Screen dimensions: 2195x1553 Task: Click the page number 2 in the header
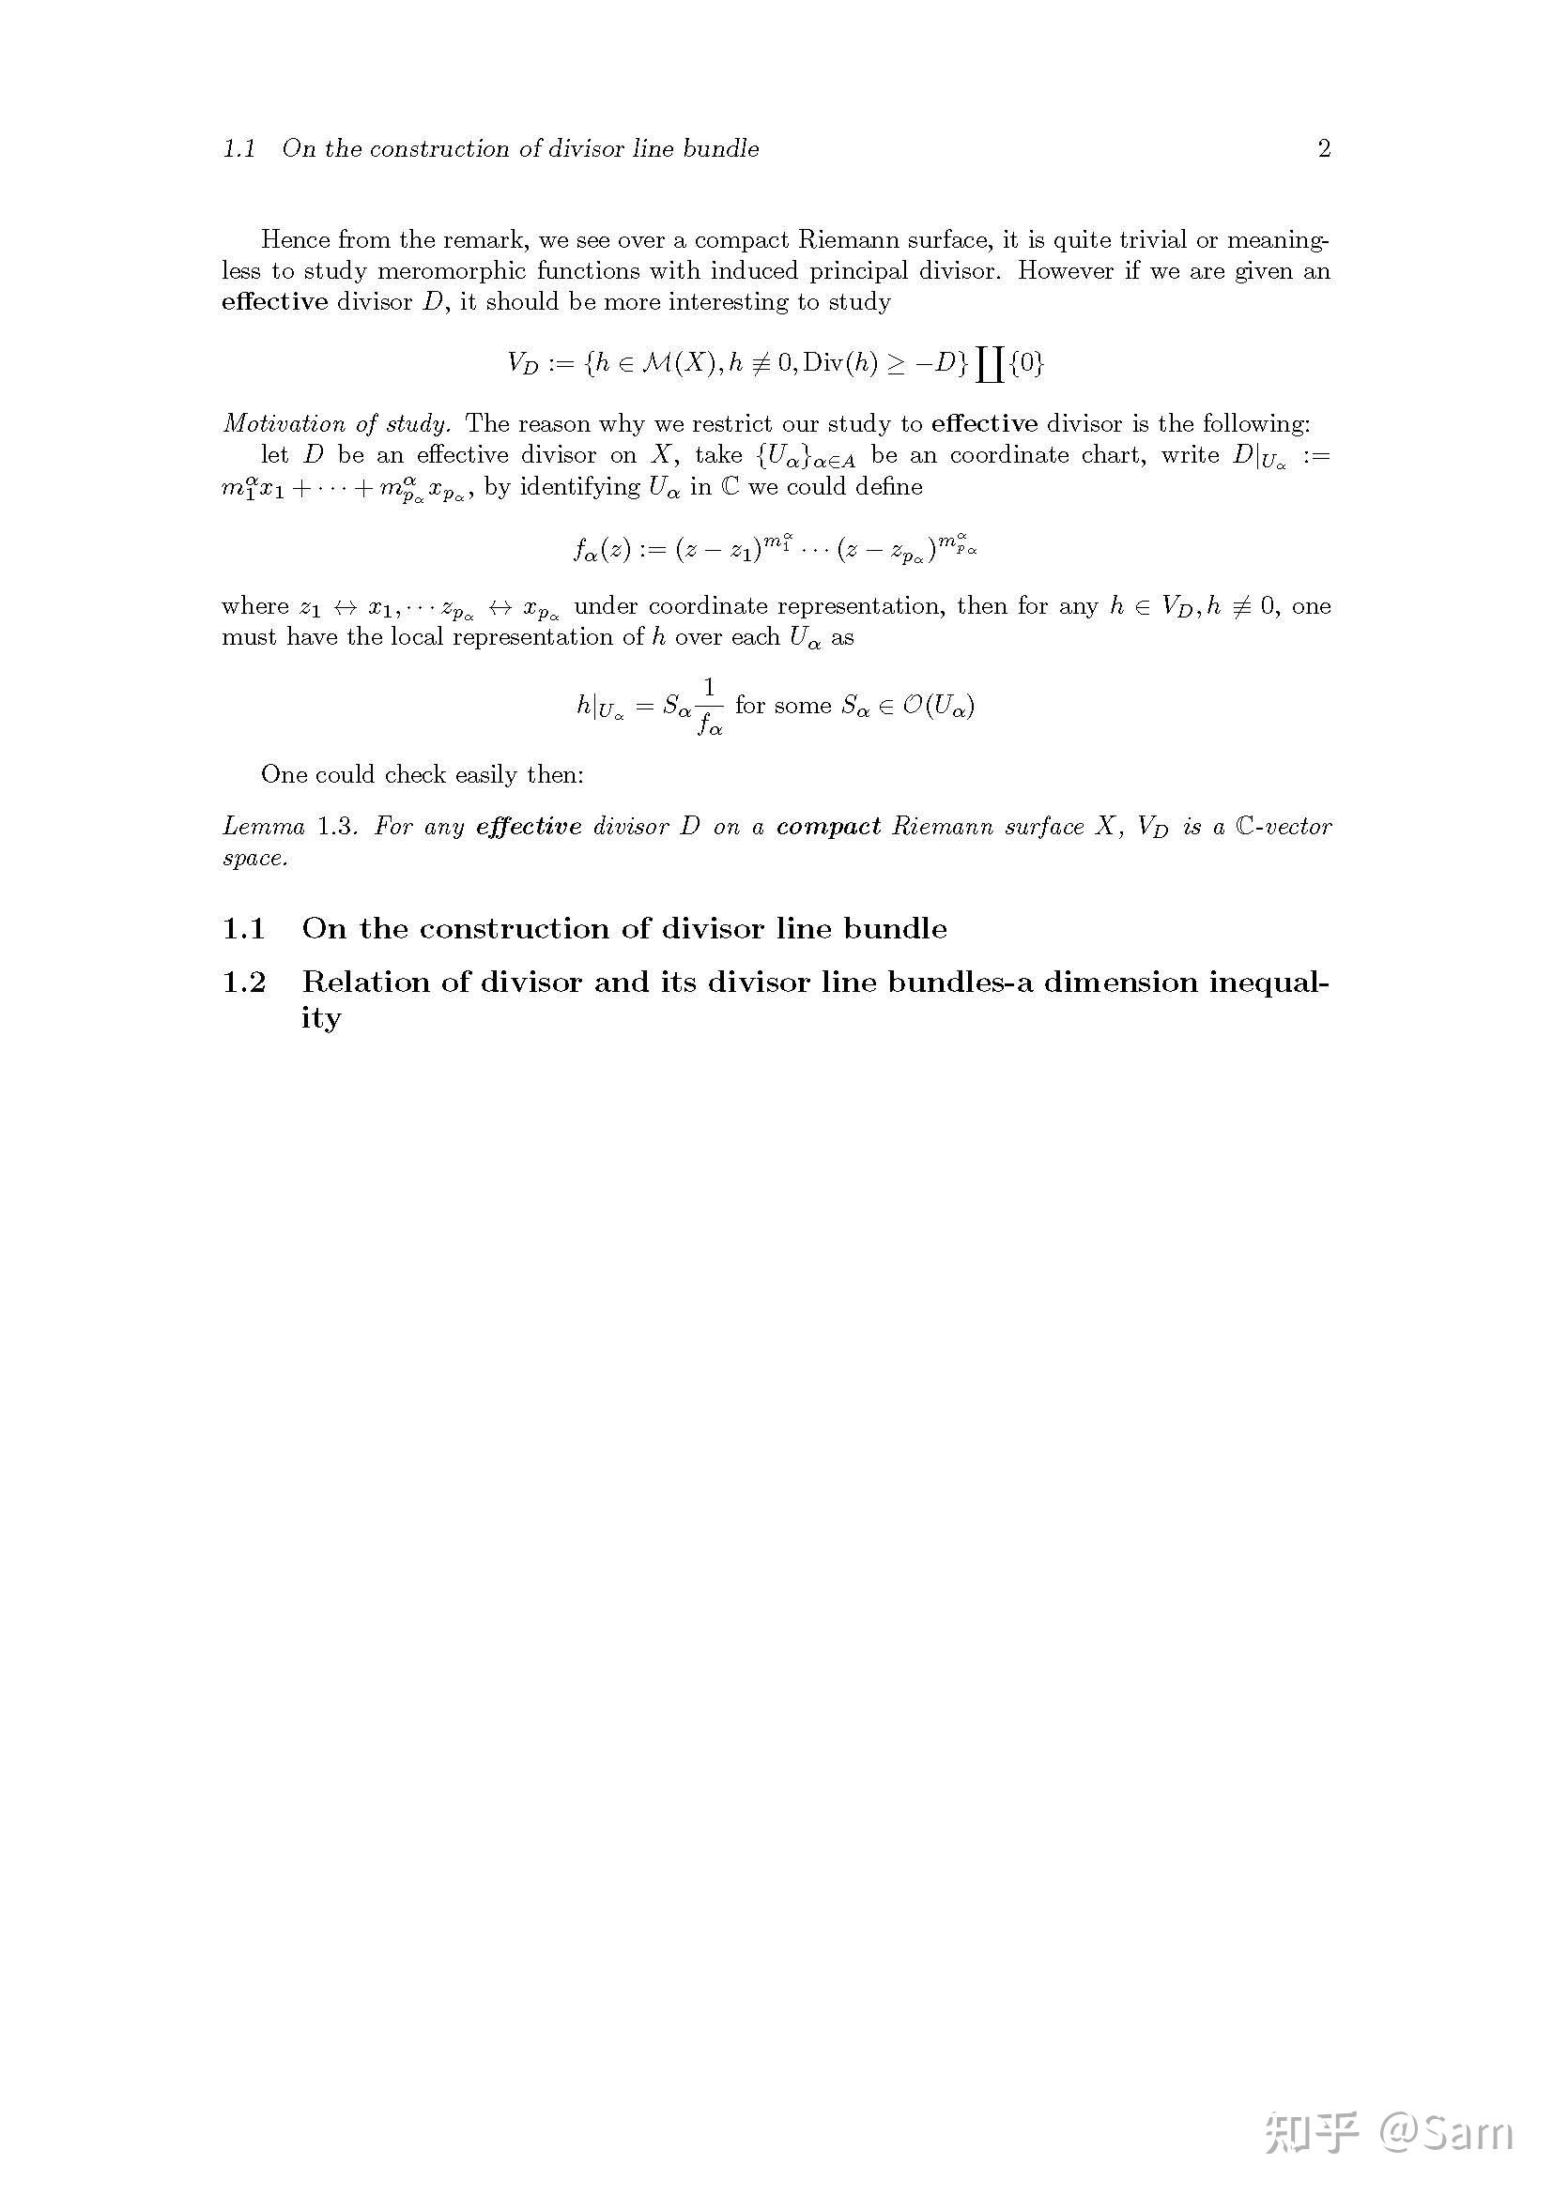click(1324, 149)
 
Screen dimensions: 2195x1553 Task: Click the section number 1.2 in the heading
click(244, 982)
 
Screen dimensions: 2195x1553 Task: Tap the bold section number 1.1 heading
click(244, 928)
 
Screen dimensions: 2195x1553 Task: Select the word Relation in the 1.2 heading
click(365, 982)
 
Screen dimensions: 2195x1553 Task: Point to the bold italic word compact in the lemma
click(828, 827)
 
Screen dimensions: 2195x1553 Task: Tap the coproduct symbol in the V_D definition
click(990, 364)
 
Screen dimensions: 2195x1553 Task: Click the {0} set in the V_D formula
click(1026, 363)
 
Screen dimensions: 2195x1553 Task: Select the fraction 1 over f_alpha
click(710, 707)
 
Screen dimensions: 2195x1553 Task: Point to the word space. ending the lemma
click(254, 859)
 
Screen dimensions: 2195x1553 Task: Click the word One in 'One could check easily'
click(283, 774)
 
